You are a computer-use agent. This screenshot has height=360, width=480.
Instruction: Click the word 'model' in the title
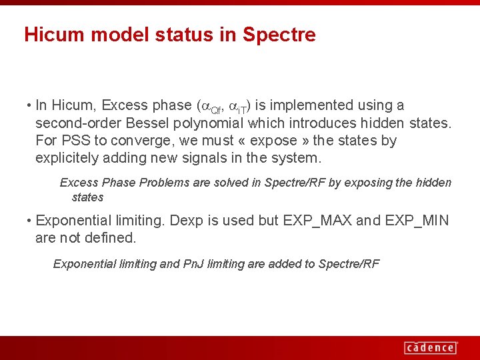[x=108, y=35]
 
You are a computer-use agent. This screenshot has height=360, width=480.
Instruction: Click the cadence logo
[x=430, y=347]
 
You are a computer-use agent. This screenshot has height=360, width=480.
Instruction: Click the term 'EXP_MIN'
[x=416, y=221]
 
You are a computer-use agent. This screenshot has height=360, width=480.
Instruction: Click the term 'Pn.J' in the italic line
[x=193, y=264]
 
